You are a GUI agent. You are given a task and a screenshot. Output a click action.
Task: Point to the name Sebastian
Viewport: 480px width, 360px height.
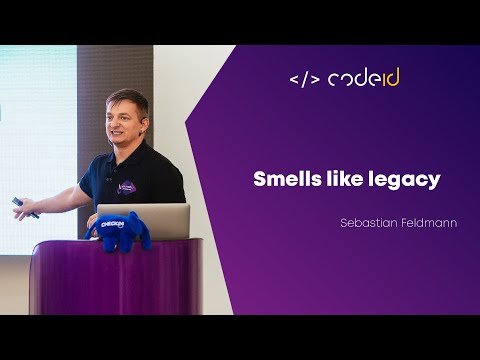[x=368, y=223]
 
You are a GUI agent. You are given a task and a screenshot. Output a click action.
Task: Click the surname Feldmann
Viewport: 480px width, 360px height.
[x=428, y=223]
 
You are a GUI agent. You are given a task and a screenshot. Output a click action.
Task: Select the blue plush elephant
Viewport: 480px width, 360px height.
[x=119, y=231]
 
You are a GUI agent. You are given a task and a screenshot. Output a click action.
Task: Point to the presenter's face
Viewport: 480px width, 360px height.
[x=125, y=121]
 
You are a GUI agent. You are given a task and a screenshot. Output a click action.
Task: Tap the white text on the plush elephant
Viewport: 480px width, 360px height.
[x=113, y=226]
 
